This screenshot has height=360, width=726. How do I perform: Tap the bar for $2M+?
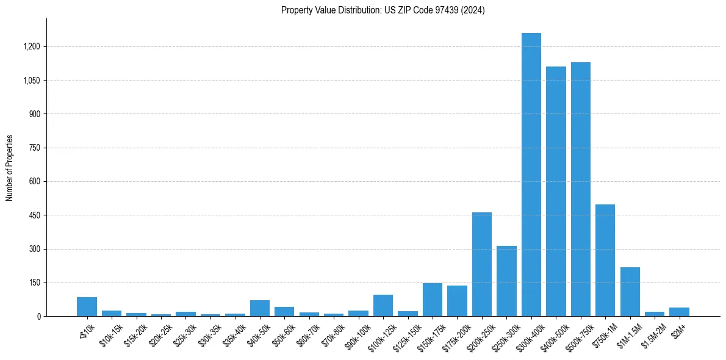tap(679, 312)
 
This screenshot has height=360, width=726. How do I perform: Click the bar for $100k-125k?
tap(383, 305)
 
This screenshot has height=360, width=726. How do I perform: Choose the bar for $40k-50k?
tap(260, 308)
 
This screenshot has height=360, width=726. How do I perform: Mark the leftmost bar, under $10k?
tap(87, 307)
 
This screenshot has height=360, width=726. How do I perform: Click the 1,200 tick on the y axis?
tap(31, 46)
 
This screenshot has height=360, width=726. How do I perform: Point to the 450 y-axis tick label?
tap(34, 215)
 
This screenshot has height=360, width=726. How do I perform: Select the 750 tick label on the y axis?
tap(34, 148)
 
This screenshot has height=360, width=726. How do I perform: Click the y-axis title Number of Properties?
tap(10, 168)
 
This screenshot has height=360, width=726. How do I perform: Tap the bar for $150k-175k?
tap(433, 300)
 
